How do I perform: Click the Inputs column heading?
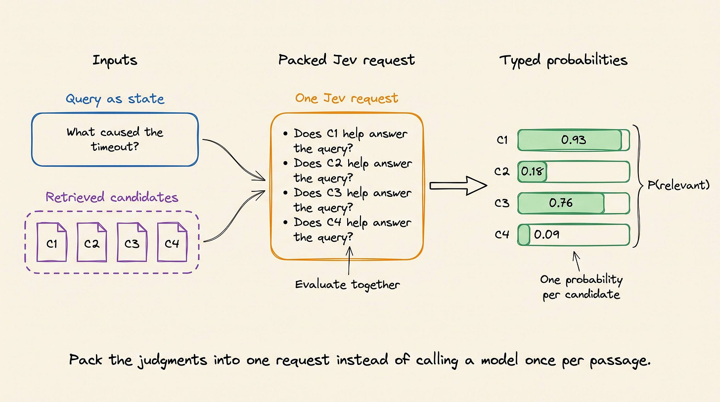tap(115, 61)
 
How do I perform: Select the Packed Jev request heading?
tap(347, 60)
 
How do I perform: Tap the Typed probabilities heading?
tap(563, 61)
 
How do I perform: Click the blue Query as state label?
tap(115, 99)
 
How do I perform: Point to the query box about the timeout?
tap(115, 139)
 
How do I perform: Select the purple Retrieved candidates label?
tap(112, 197)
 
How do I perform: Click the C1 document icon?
tap(52, 242)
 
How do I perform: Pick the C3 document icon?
tap(132, 242)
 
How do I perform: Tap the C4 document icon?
tap(172, 242)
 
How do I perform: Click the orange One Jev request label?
tap(347, 98)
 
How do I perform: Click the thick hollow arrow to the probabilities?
tap(458, 185)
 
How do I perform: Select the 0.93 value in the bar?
tap(574, 140)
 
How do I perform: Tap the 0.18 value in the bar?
tap(532, 171)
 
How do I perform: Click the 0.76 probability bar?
tap(574, 203)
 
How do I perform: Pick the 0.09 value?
tap(546, 234)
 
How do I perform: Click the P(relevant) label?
tap(678, 185)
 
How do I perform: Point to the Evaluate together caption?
tap(348, 285)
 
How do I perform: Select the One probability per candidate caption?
tap(581, 287)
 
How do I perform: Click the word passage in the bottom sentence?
tap(620, 360)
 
